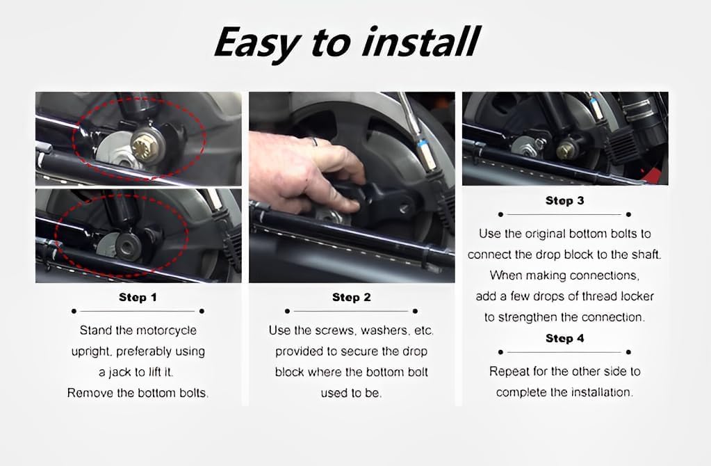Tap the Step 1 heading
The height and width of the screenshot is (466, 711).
(138, 297)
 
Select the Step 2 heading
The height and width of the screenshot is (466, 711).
(352, 297)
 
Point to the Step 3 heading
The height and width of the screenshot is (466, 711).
(564, 200)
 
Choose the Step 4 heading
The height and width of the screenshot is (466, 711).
(564, 338)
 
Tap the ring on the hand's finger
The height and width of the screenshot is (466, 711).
(313, 142)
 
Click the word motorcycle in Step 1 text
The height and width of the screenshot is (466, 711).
(167, 330)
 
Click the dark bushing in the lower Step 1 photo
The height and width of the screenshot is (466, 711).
(129, 246)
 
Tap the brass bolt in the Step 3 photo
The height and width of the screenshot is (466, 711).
(565, 150)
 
